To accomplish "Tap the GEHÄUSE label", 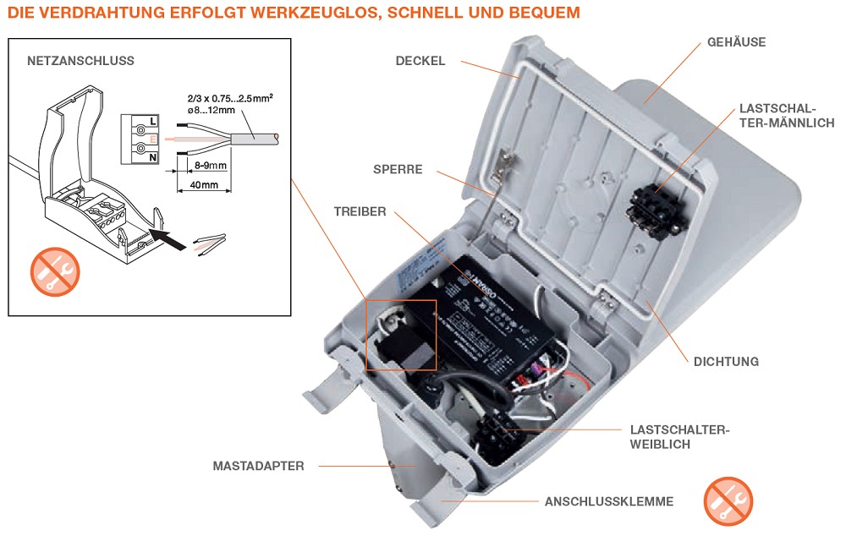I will (736, 42).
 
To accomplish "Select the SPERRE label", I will (398, 169).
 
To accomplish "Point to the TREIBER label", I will (360, 212).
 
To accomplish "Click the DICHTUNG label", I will (726, 361).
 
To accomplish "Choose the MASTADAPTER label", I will (258, 466).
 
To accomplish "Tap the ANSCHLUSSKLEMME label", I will (609, 501).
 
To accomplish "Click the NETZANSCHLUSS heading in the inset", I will (80, 61).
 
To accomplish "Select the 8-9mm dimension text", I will (211, 166).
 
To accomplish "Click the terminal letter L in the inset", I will (152, 122).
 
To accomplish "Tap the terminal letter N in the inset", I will (152, 157).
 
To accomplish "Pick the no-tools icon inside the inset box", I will (55, 271).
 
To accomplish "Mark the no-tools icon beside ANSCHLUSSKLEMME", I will (728, 501).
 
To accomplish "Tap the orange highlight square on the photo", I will (401, 335).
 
